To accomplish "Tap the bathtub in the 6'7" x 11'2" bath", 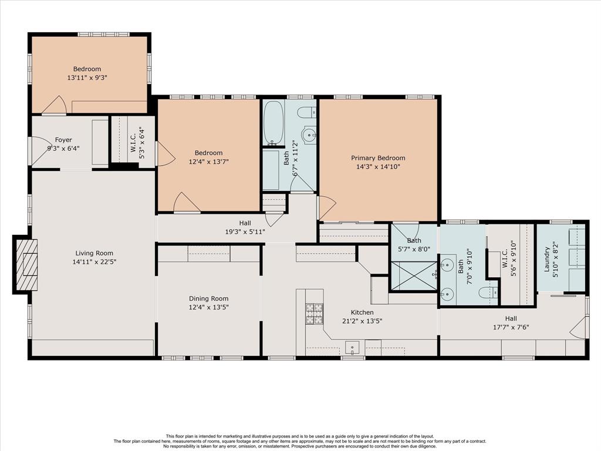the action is (274, 123).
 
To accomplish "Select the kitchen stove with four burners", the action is (314, 314).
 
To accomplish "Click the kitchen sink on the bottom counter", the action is (352, 348).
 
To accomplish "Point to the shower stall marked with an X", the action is (413, 276).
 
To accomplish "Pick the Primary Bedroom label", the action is (378, 158).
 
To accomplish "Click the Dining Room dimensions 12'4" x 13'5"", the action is (208, 307).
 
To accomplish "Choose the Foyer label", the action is (63, 140).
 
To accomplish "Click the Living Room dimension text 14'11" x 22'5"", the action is (94, 262).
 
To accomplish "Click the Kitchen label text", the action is (362, 312).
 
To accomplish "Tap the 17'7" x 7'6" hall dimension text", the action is (511, 327).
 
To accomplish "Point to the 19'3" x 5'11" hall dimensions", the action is (245, 231).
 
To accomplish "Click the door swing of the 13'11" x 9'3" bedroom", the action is (55, 105).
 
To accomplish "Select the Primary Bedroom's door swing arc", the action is (327, 207).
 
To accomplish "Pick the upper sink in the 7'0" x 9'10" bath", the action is (447, 265).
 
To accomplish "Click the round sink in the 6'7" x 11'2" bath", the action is (309, 134).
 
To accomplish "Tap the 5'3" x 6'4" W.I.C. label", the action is (137, 140).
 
